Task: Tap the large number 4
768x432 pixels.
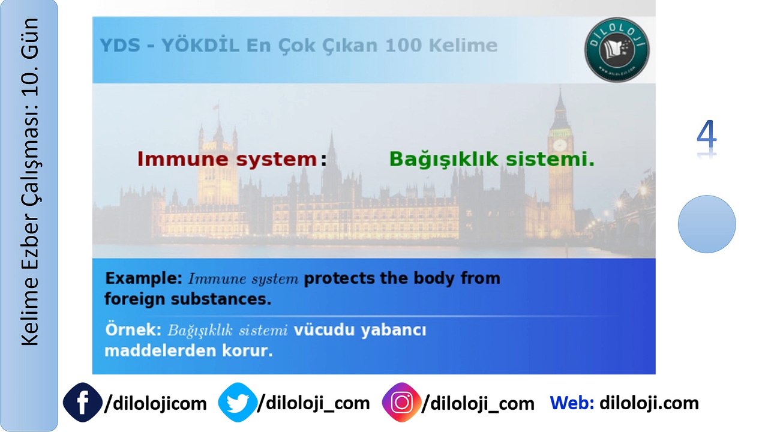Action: coord(707,137)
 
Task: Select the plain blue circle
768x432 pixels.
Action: coord(707,224)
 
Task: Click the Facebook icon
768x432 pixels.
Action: coord(82,403)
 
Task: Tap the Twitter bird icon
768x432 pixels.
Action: coord(237,403)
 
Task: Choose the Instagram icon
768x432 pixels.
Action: coord(401,403)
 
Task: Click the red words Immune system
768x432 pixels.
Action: coord(227,159)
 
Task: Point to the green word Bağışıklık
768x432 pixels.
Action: coord(444,160)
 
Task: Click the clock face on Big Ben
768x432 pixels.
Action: coord(560,145)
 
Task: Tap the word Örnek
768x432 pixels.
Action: coord(132,330)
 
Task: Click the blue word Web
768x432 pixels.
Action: coord(571,403)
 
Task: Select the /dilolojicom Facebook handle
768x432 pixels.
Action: coord(155,403)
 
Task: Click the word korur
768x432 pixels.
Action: coord(250,350)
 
